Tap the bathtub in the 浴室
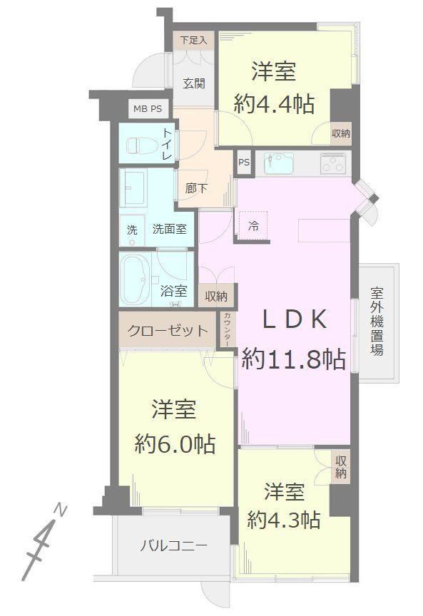135,279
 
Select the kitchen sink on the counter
279,163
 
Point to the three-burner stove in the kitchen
333,163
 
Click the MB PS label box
148,109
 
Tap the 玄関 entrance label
194,83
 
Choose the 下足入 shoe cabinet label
193,40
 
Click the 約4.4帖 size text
274,105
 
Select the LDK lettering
294,319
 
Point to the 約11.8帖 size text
294,359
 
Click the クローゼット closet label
168,330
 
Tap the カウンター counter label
228,329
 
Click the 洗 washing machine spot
132,230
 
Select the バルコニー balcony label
174,545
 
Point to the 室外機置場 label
377,322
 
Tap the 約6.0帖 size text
175,444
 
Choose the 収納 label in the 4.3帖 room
340,467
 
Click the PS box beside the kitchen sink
244,162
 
